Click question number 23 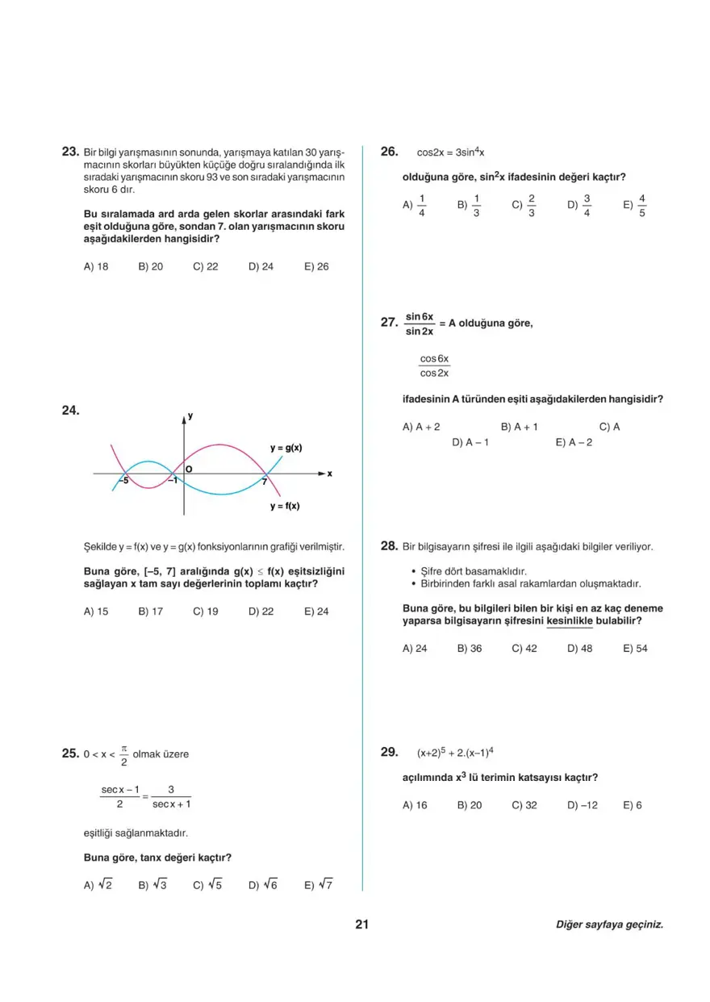[69, 151]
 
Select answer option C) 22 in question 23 [206, 266]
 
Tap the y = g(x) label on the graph [286, 448]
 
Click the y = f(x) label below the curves [285, 506]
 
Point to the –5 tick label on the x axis [123, 481]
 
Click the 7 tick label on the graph [263, 482]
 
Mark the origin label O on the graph [189, 468]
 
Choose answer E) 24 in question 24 [316, 612]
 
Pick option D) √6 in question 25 [263, 885]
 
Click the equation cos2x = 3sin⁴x [450, 152]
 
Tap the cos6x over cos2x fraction [434, 365]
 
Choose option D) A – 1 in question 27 [470, 442]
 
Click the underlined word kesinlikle [570, 621]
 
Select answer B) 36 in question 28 [470, 648]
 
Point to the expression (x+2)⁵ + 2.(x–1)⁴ [455, 753]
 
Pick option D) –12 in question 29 [583, 805]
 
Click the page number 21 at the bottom [361, 925]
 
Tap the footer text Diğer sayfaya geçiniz [609, 925]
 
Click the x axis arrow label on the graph [329, 474]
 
